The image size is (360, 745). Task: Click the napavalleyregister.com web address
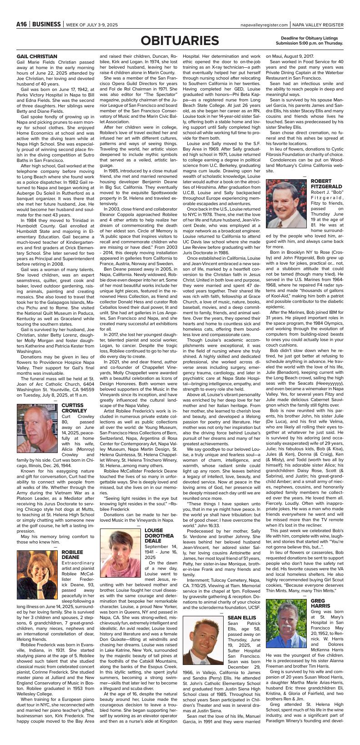click(265, 25)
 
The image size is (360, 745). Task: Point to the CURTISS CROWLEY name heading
click(72, 408)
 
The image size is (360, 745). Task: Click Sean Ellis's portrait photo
click(203, 641)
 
